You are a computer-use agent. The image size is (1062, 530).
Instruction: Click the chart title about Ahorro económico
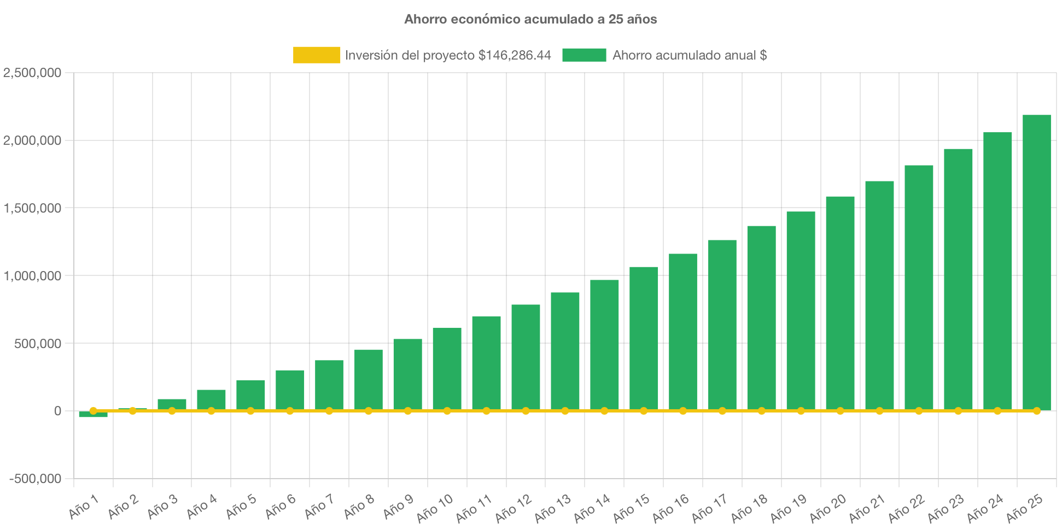pyautogui.click(x=530, y=19)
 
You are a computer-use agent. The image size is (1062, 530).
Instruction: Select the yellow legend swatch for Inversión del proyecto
pyautogui.click(x=316, y=55)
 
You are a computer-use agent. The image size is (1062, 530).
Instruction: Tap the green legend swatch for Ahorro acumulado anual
pyautogui.click(x=584, y=55)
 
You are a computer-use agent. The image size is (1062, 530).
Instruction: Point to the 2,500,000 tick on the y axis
pyautogui.click(x=32, y=73)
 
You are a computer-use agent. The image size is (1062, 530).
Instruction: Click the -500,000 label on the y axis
pyautogui.click(x=35, y=479)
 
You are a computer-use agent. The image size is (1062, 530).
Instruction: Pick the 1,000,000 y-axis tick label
pyautogui.click(x=32, y=276)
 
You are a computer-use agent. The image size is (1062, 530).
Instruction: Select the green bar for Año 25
pyautogui.click(x=1036, y=262)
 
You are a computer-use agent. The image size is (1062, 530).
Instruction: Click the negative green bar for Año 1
pyautogui.click(x=93, y=415)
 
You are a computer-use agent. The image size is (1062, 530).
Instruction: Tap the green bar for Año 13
pyautogui.click(x=565, y=350)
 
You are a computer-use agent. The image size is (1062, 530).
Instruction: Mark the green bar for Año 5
pyautogui.click(x=250, y=394)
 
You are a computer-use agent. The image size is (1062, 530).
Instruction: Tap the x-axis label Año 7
pyautogui.click(x=319, y=507)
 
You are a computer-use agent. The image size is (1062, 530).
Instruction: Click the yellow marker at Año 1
pyautogui.click(x=93, y=410)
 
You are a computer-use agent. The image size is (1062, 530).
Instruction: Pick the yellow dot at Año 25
pyautogui.click(x=1036, y=410)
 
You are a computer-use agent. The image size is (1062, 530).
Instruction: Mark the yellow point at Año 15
pyautogui.click(x=644, y=410)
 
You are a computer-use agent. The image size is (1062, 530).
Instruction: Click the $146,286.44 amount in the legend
pyautogui.click(x=515, y=55)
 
